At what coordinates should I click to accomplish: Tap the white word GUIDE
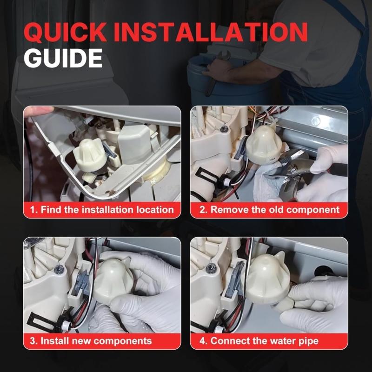63,59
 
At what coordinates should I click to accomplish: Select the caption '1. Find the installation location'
102,210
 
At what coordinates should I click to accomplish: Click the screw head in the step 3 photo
59,270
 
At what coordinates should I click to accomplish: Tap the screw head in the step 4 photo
212,268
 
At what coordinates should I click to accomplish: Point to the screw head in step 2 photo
225,129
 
